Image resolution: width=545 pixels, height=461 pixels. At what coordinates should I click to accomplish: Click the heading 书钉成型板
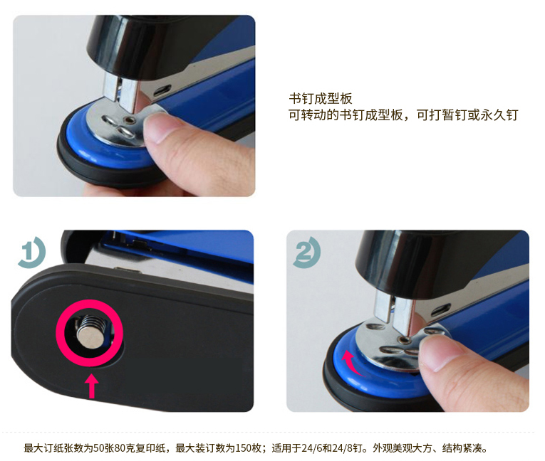coord(320,99)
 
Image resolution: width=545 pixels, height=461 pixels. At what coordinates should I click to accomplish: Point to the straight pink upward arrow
coord(92,386)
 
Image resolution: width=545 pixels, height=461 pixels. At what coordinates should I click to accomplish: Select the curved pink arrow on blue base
coord(351,363)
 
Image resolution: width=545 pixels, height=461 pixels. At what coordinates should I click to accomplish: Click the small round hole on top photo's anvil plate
coord(130,120)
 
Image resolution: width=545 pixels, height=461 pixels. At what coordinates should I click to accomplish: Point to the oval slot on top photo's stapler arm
coord(162,90)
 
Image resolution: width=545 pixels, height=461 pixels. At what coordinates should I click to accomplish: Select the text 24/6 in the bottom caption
coord(311,448)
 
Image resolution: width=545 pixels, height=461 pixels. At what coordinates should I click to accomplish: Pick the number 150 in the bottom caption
coord(243,448)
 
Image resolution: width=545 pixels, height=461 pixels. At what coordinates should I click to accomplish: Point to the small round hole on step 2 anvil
coord(403,339)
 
